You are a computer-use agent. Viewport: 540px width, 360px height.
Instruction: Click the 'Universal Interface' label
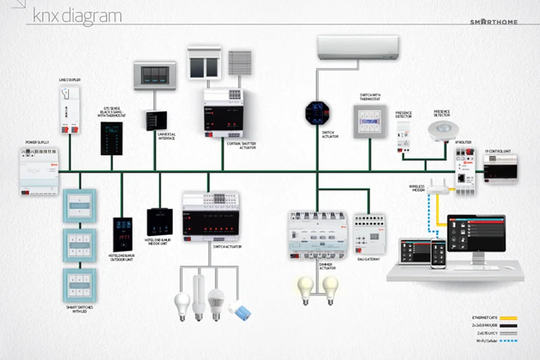[166, 137]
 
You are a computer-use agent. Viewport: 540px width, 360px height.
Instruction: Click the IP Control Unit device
[501, 166]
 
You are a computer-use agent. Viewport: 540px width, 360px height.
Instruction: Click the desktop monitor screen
[476, 237]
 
